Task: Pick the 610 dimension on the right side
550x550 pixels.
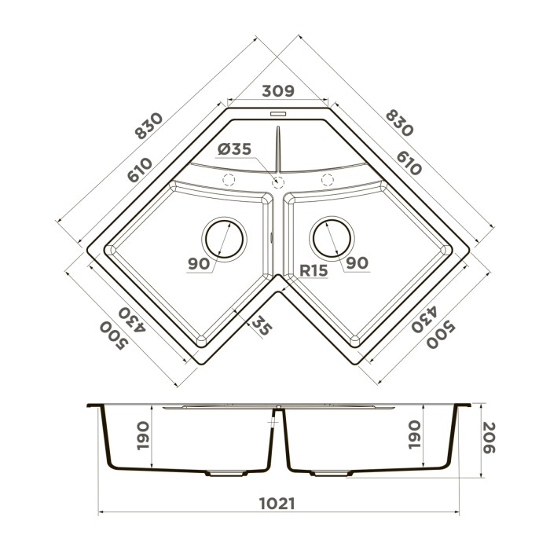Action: (409, 163)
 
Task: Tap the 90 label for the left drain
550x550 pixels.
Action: (200, 263)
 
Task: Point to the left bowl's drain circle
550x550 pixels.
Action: (224, 238)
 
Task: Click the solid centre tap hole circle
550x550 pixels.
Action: (277, 181)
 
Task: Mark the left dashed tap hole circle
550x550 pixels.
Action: (229, 179)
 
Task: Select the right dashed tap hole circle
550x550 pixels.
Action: (324, 179)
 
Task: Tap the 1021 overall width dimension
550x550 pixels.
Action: (276, 504)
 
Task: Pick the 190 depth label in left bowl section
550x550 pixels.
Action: (142, 434)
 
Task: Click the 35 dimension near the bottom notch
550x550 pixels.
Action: (262, 327)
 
